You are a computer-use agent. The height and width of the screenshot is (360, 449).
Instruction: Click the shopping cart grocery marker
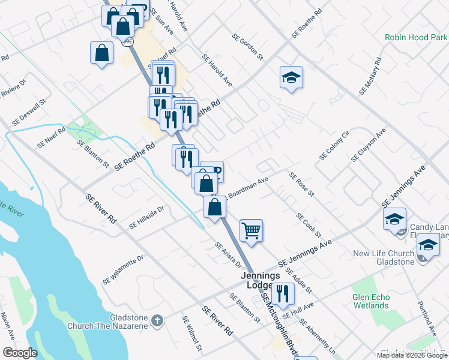[x=252, y=230]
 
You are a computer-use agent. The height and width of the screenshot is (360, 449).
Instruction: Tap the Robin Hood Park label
[x=415, y=37]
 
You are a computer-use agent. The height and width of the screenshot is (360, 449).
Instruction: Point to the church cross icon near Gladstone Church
[x=157, y=321]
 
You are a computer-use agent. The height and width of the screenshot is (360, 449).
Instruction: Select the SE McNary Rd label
[x=371, y=76]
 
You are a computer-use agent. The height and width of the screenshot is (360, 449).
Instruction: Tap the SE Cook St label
[x=309, y=225]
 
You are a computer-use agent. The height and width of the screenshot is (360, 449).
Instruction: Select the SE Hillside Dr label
[x=146, y=217]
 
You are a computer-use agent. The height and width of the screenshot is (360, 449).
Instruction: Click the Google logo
[x=20, y=353]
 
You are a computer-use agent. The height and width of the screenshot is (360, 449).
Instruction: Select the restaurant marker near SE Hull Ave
[x=281, y=294]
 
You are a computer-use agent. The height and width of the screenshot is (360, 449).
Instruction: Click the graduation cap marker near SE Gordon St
[x=291, y=77]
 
